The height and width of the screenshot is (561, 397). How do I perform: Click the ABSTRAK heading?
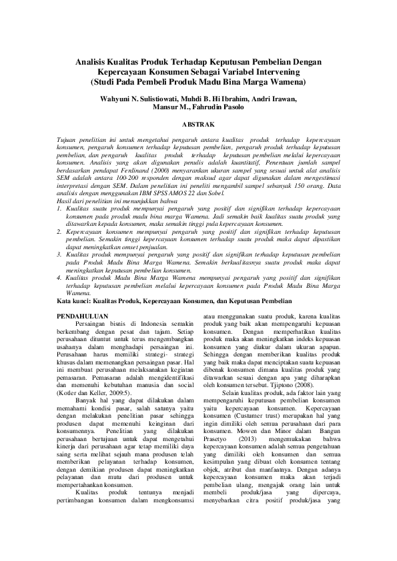[197, 124]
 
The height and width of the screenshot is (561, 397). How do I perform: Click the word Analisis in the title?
[92, 62]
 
